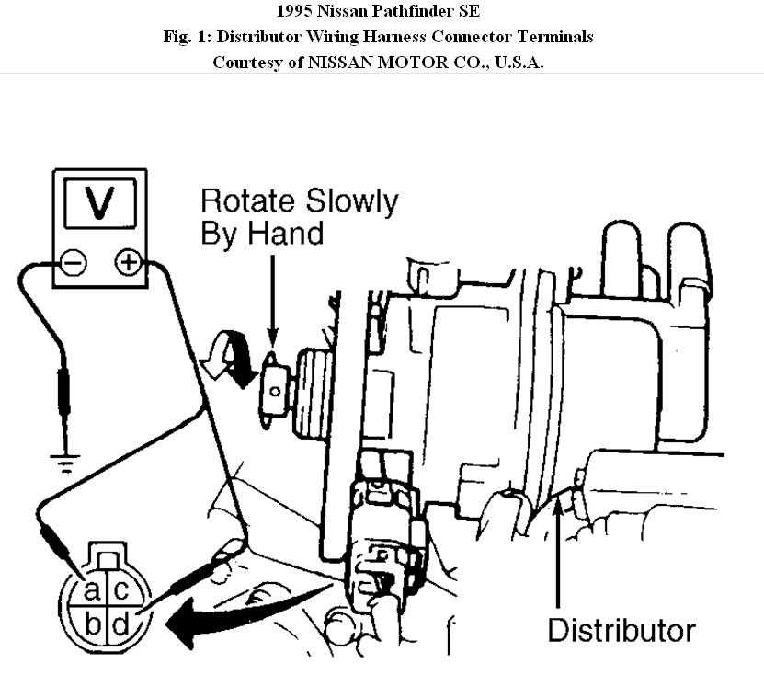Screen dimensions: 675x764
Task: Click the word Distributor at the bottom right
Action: pyautogui.click(x=621, y=631)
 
